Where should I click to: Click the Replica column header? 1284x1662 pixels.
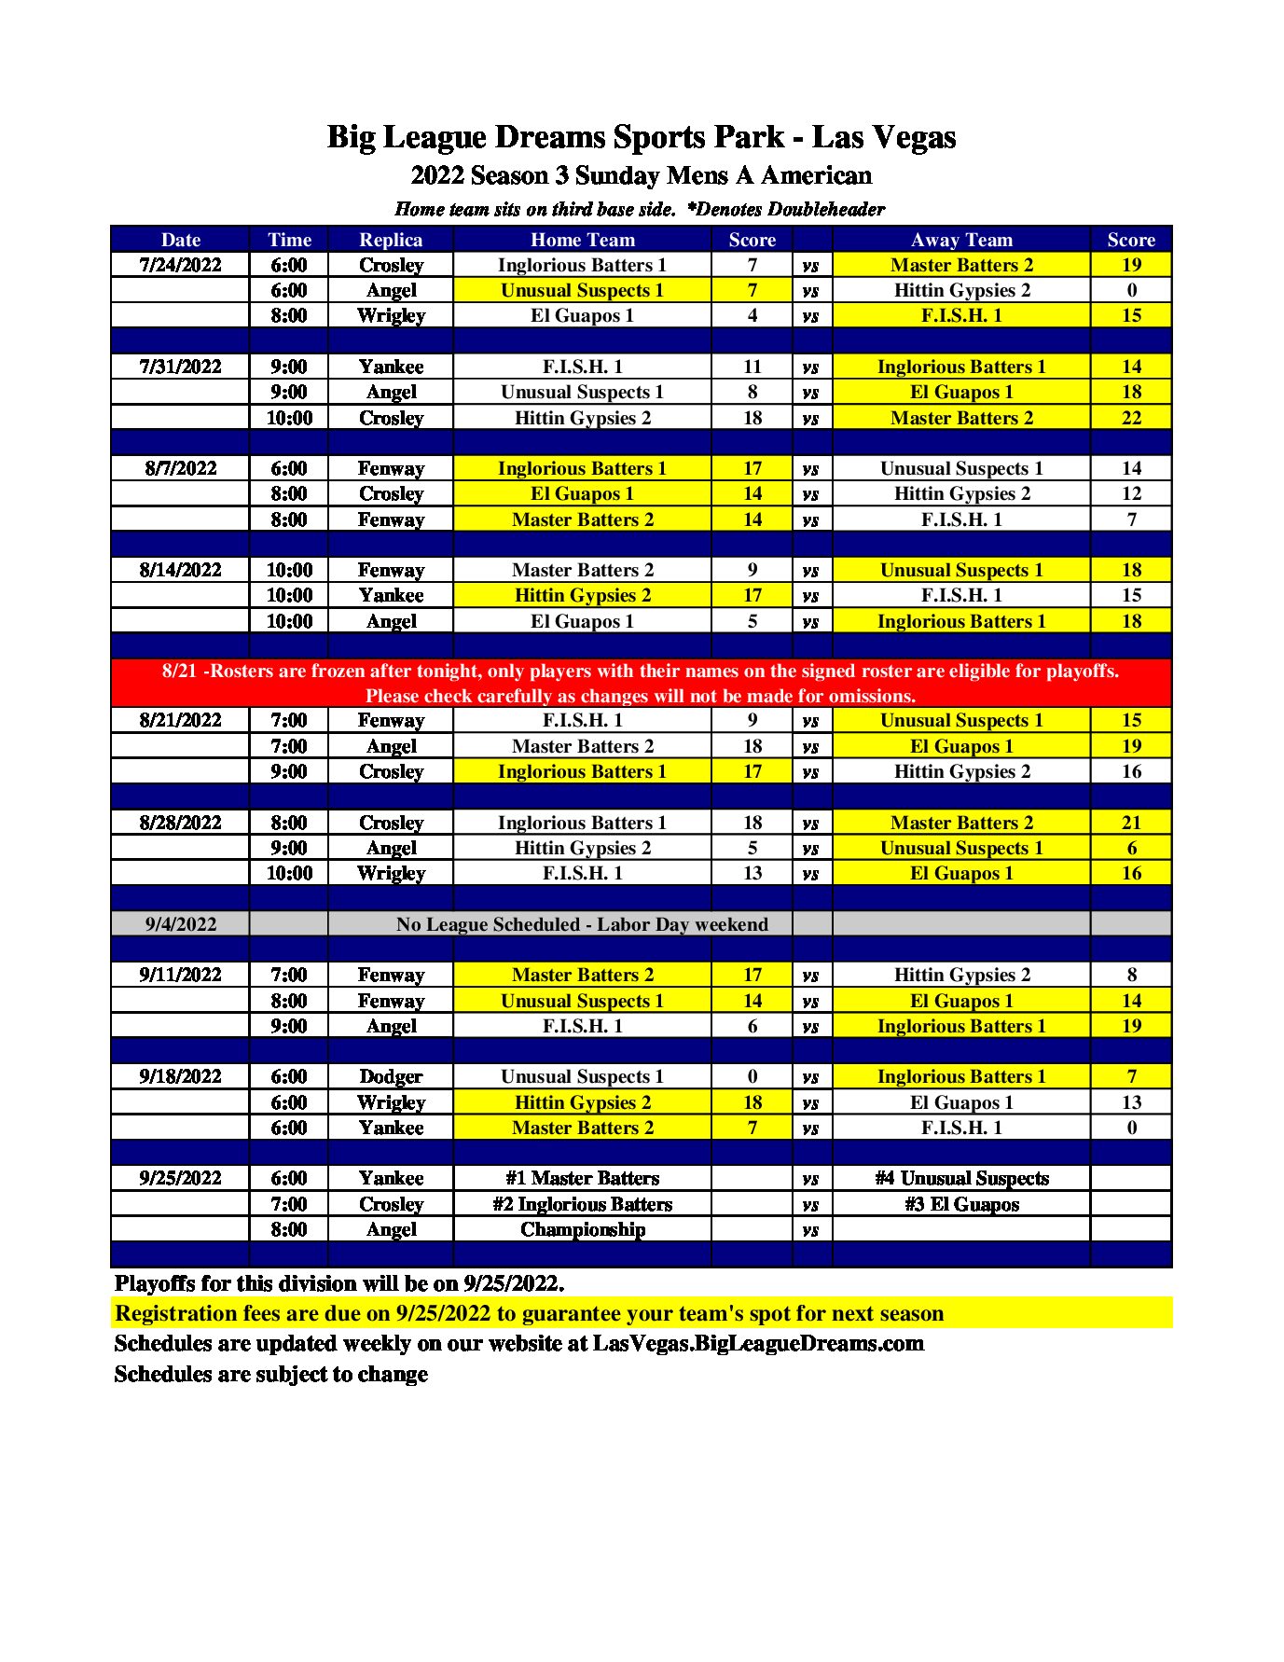(x=391, y=240)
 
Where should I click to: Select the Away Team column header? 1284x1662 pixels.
(x=960, y=240)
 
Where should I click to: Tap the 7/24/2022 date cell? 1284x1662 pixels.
(x=180, y=265)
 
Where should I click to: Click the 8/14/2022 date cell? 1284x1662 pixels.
(x=180, y=570)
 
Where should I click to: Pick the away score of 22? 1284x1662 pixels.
(x=1130, y=418)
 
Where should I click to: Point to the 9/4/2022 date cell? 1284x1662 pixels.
(x=180, y=924)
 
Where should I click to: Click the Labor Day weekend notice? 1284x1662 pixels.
(x=582, y=924)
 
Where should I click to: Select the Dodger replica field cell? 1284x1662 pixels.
(x=391, y=1076)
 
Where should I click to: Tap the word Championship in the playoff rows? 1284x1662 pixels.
(x=582, y=1229)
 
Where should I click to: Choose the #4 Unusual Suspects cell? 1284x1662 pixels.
(x=960, y=1178)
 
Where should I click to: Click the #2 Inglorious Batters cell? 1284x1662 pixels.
(x=582, y=1204)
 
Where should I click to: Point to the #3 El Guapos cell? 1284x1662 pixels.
(x=960, y=1204)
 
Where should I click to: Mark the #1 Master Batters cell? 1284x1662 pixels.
(x=582, y=1178)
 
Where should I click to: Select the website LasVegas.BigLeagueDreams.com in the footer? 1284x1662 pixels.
(x=757, y=1343)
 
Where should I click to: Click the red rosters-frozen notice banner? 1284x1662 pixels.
(x=641, y=683)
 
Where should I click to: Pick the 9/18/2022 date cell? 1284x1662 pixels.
(x=180, y=1076)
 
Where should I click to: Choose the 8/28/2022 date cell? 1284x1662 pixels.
(x=180, y=823)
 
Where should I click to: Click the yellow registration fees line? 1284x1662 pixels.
(x=529, y=1313)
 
